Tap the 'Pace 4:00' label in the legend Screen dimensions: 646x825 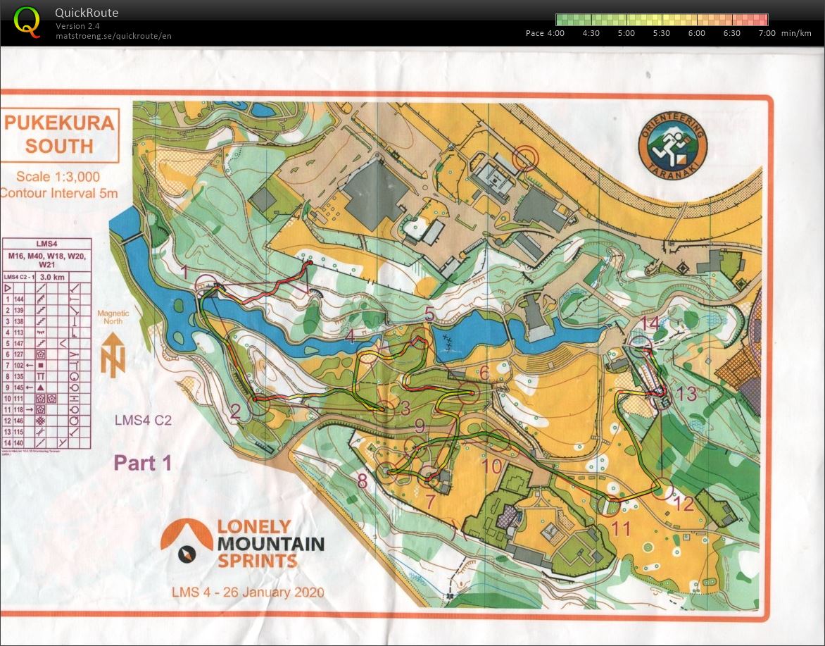click(x=545, y=33)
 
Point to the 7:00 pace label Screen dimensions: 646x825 click(x=767, y=33)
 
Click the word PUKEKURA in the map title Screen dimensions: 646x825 click(x=59, y=123)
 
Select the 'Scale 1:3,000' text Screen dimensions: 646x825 click(x=59, y=177)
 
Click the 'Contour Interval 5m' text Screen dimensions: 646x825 click(x=59, y=193)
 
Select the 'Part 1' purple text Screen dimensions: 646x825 click(x=143, y=463)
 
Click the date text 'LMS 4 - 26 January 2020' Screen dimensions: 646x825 click(x=248, y=592)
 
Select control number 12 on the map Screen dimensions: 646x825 click(x=684, y=504)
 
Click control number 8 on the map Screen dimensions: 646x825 click(x=363, y=481)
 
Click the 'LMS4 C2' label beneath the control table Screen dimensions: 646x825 click(x=144, y=421)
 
